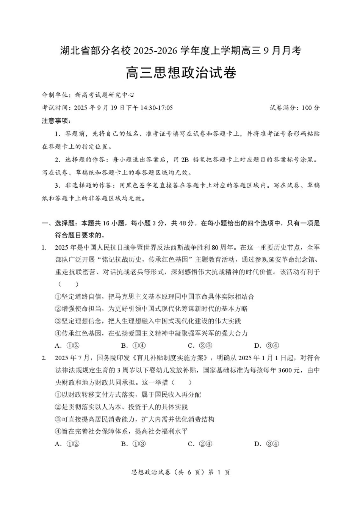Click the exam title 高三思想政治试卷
click(181, 72)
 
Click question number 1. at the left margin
click(44, 248)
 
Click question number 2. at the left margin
click(44, 358)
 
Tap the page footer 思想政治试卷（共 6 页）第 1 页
click(180, 472)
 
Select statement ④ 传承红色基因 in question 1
click(151, 333)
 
